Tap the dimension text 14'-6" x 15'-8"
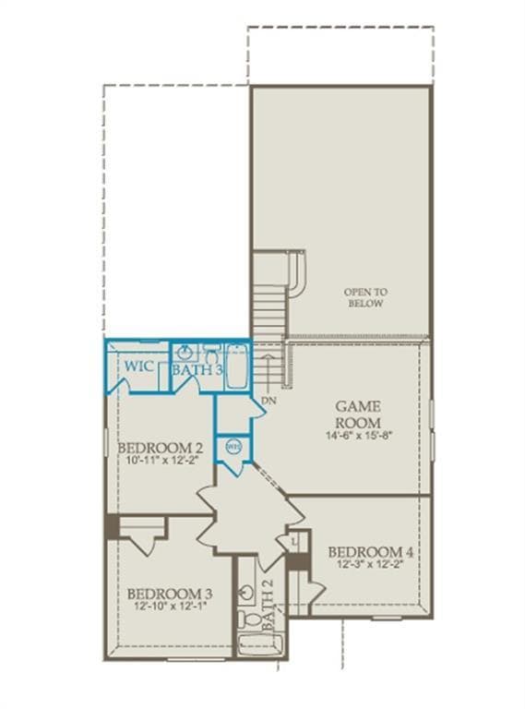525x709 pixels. click(x=359, y=435)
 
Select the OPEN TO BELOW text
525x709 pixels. click(x=365, y=296)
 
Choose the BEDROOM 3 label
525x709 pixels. click(x=170, y=593)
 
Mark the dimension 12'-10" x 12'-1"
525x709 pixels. click(x=170, y=607)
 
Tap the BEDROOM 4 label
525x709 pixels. click(x=371, y=553)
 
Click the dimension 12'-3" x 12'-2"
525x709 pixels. click(x=371, y=568)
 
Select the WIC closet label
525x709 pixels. click(x=139, y=367)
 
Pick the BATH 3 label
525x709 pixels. click(x=197, y=369)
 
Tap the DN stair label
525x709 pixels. click(x=268, y=402)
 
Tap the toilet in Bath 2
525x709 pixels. click(x=244, y=618)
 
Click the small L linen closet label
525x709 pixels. click(x=292, y=541)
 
